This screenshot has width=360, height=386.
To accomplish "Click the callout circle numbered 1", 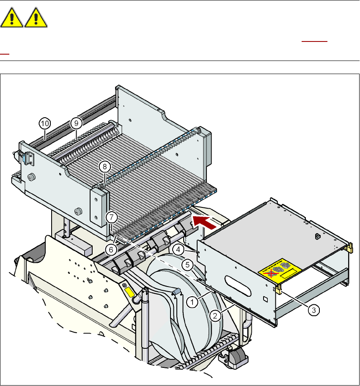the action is click(x=193, y=302).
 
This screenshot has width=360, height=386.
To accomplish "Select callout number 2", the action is click(x=215, y=315).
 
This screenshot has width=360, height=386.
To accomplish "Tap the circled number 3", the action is click(x=313, y=310).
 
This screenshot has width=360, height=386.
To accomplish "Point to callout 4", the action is click(x=180, y=249).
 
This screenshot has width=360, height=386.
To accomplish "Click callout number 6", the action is click(x=111, y=249).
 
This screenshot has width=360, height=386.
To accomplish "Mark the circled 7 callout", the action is click(x=111, y=218).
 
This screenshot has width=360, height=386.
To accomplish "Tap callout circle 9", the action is click(x=76, y=123).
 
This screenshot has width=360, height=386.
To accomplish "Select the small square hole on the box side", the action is click(x=265, y=299).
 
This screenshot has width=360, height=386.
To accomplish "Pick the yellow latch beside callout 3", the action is click(x=279, y=289).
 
